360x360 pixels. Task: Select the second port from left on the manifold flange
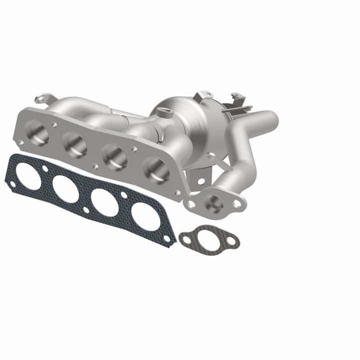pos(75,145)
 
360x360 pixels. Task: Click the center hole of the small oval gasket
pos(209,238)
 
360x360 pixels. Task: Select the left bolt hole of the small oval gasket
pos(187,239)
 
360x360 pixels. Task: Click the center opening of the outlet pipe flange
pos(214,202)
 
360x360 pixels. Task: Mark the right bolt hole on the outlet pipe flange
pos(236,203)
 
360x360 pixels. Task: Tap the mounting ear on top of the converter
pos(204,94)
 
